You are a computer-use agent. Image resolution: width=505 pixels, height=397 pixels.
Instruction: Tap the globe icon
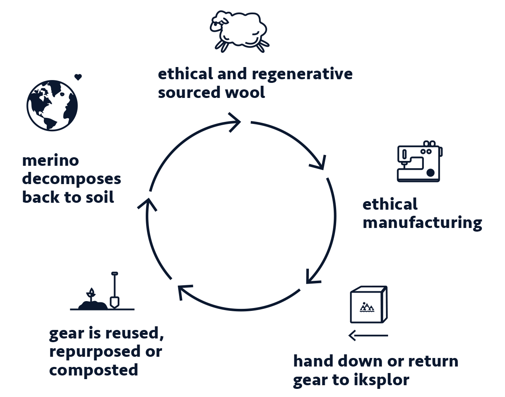(52, 106)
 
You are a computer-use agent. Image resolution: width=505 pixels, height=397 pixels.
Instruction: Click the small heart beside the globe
(78, 77)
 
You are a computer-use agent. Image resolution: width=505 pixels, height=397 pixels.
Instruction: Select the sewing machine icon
(419, 162)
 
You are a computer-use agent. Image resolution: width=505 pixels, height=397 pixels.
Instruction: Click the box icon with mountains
(369, 305)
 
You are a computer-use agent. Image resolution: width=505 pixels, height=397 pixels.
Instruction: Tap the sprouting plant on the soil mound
(91, 294)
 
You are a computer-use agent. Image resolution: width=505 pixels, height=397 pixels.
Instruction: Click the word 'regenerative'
(302, 74)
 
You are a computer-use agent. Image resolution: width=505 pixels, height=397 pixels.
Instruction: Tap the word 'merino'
(51, 161)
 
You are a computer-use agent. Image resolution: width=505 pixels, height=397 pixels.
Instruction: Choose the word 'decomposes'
(72, 179)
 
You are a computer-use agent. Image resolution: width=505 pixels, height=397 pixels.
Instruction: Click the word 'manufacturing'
(422, 223)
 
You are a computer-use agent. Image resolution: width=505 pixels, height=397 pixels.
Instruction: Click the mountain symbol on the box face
(367, 307)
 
